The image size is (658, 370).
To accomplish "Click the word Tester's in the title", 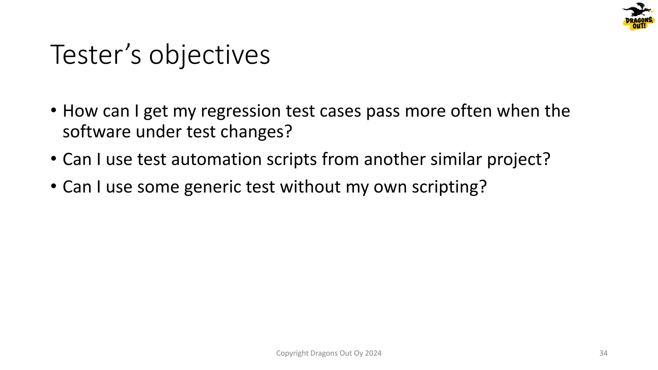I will coord(96,55).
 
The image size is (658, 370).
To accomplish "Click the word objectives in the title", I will coord(209,55).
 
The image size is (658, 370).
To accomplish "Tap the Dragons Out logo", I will coord(638,17).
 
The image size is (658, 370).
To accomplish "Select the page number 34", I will coord(603,353).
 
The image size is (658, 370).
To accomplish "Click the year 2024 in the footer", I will coord(373,353).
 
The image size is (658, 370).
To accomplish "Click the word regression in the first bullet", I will coord(241,111).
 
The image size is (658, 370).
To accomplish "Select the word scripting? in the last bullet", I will coord(449,187).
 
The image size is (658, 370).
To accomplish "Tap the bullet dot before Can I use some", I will coord(54,187).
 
